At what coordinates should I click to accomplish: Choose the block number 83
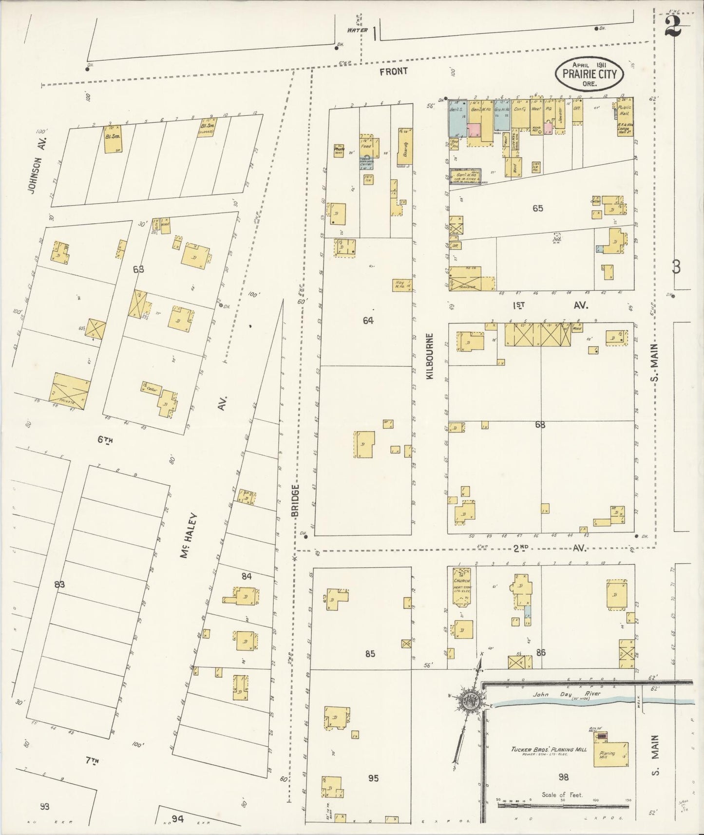(x=59, y=584)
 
